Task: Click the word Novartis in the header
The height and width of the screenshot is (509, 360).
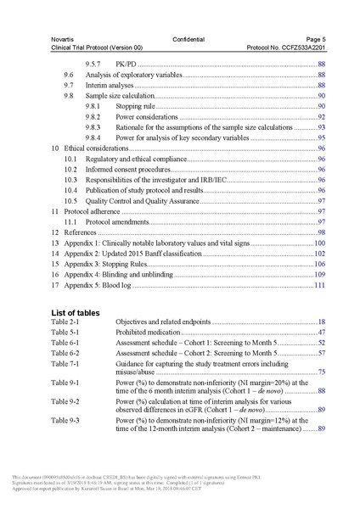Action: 64,41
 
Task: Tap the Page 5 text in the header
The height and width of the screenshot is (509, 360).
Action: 315,41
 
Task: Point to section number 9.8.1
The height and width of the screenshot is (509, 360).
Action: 95,107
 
